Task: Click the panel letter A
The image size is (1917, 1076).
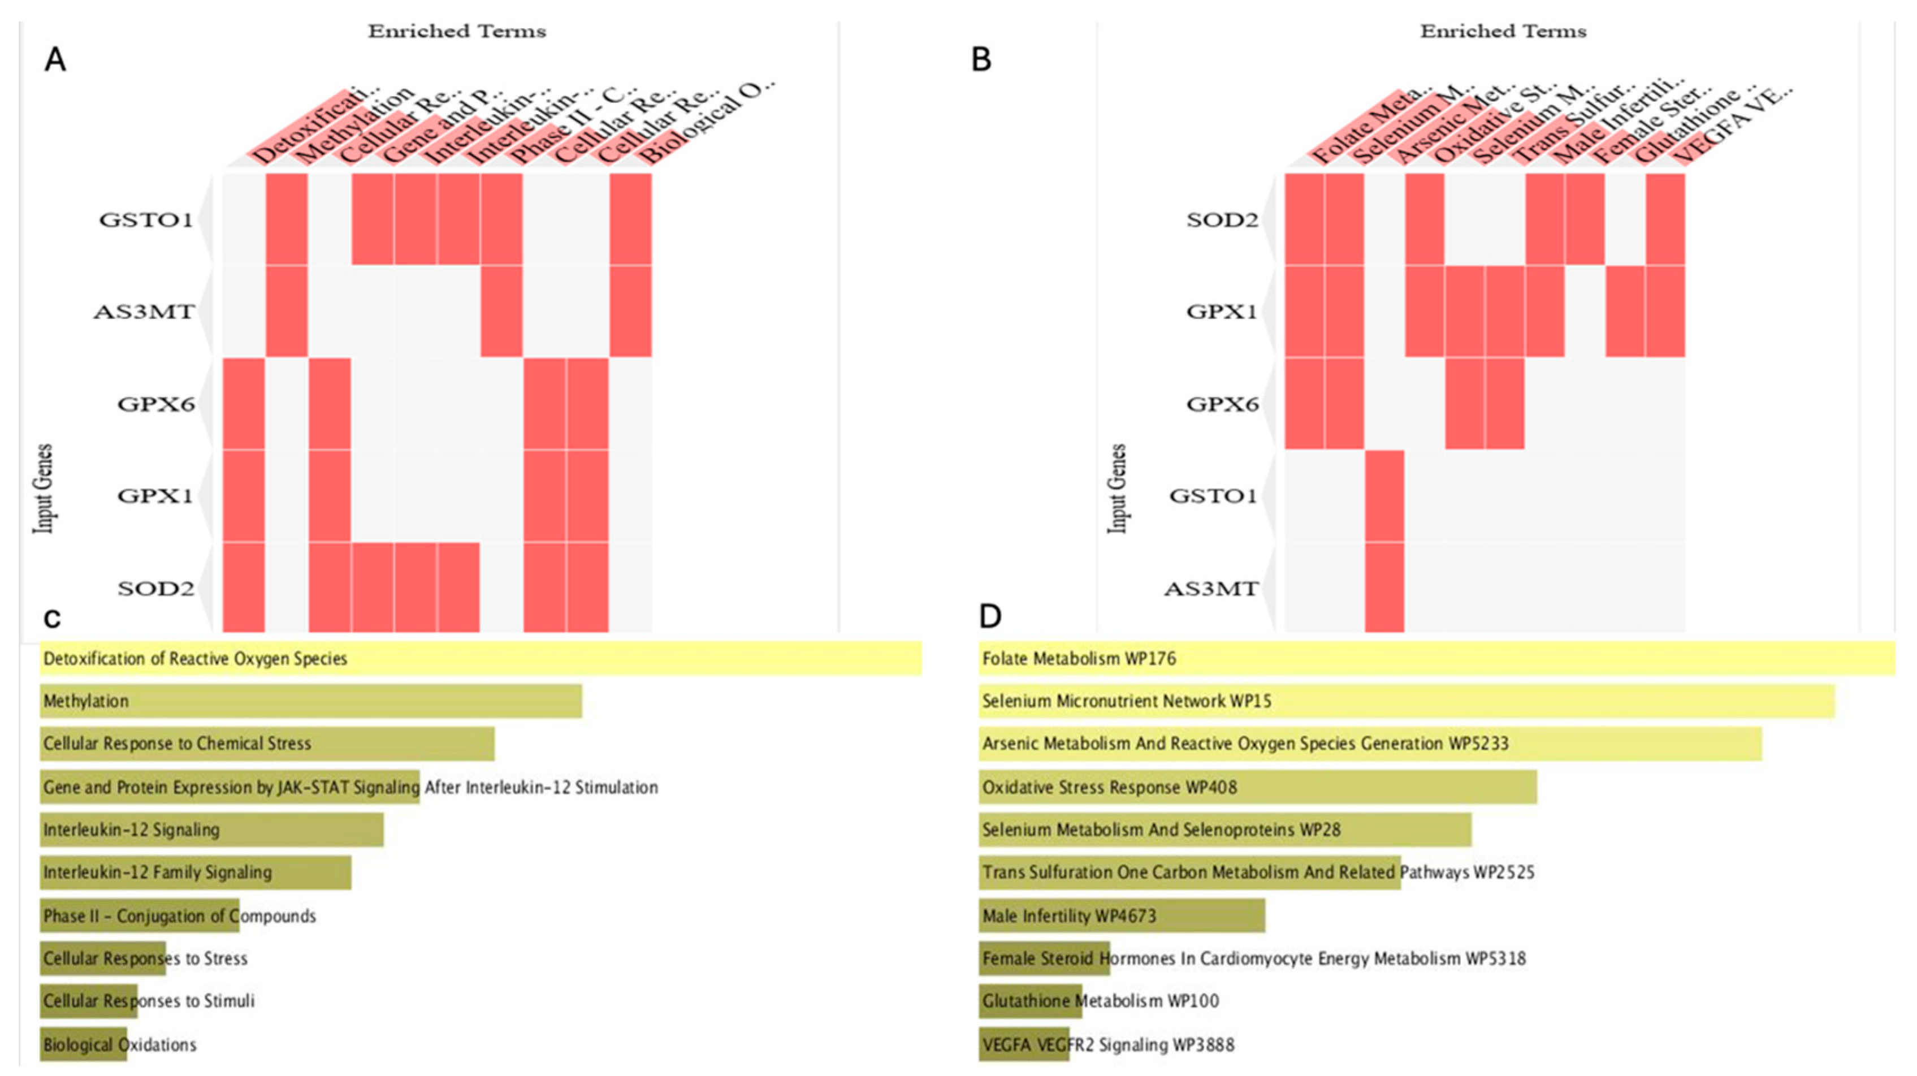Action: [x=55, y=59]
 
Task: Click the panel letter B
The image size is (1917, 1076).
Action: [x=981, y=59]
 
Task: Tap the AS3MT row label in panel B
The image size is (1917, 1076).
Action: [x=1211, y=589]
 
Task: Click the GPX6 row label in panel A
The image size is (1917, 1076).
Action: [x=155, y=405]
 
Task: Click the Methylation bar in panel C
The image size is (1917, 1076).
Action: [x=310, y=701]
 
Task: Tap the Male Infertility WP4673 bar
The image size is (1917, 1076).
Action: [x=1122, y=915]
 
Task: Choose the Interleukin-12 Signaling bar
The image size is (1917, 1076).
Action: [x=211, y=829]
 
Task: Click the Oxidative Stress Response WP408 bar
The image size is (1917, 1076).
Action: [x=1258, y=787]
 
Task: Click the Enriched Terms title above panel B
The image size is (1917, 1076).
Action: [x=1503, y=31]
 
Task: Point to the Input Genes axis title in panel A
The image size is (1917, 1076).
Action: [x=44, y=488]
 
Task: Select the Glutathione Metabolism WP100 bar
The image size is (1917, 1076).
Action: [x=1030, y=1001]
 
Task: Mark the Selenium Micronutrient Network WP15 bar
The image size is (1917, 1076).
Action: [x=1407, y=701]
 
